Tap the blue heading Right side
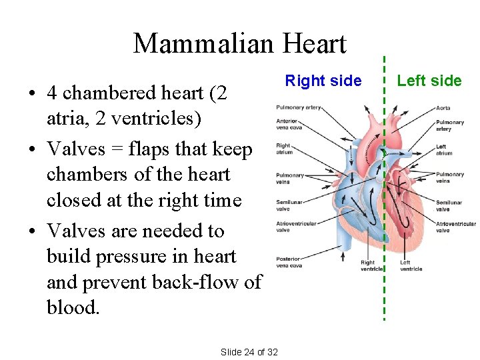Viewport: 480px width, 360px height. (x=323, y=81)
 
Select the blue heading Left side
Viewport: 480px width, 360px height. (x=429, y=81)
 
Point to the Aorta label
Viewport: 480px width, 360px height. (x=443, y=108)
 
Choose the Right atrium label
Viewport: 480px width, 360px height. (x=284, y=148)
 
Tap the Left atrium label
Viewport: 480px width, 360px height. (x=444, y=150)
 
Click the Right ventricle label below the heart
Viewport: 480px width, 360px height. (x=371, y=265)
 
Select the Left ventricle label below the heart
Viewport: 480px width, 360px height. (x=411, y=265)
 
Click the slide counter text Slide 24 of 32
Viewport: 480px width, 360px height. (x=249, y=351)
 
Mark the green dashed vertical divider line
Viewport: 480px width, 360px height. (x=385, y=200)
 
